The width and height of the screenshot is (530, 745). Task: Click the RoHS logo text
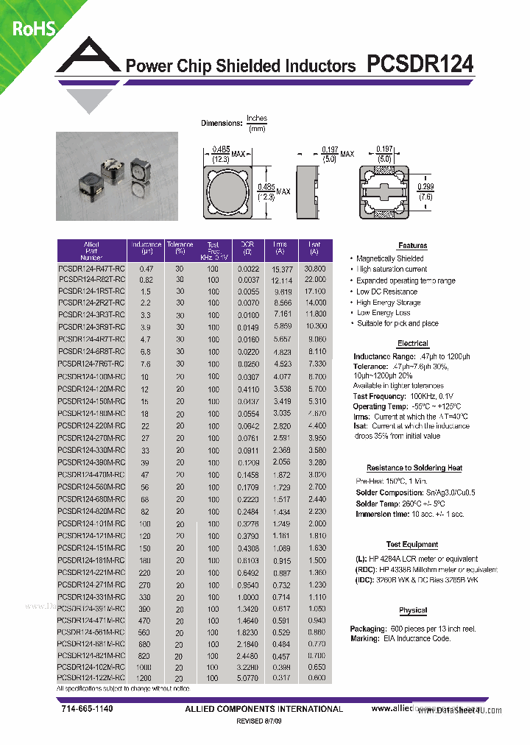point(34,28)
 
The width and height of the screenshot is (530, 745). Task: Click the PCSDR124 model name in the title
point(420,65)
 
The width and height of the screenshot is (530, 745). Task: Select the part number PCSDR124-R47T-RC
point(91,269)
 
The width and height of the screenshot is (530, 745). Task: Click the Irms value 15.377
point(281,269)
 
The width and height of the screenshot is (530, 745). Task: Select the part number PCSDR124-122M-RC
point(91,677)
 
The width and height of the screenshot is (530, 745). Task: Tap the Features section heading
point(412,246)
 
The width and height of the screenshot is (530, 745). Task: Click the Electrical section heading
point(412,344)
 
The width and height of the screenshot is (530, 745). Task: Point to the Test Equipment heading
point(412,545)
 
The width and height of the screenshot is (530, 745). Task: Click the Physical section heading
point(412,610)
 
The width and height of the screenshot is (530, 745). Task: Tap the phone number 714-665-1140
point(87,708)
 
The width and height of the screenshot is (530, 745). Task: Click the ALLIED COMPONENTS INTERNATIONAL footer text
point(264,709)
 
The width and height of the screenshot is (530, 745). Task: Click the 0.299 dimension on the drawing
point(425,187)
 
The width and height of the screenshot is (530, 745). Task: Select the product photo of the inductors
point(117,176)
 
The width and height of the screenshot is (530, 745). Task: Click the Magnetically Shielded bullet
point(390,259)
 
